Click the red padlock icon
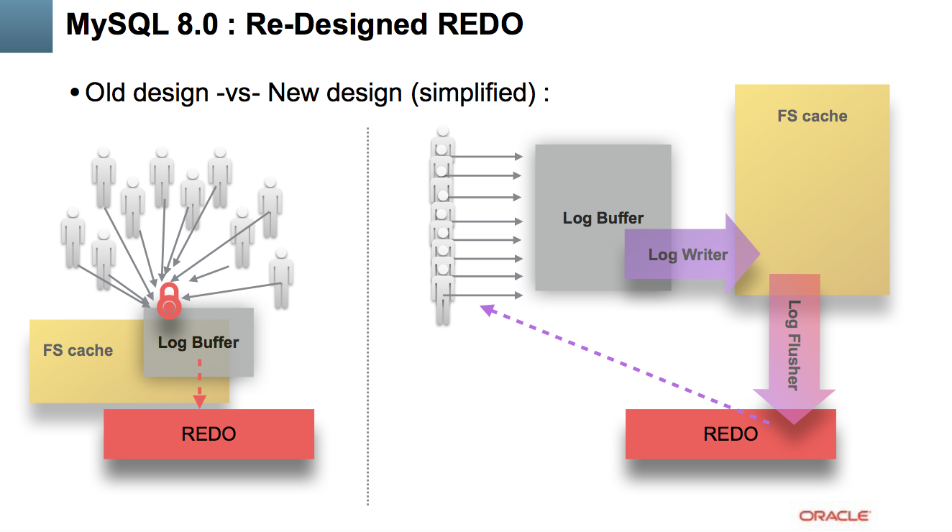point(169,301)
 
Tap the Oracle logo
point(835,516)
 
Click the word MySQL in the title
point(117,24)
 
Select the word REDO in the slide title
point(480,24)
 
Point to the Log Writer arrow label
point(688,255)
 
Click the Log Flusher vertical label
point(794,345)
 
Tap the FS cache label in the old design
point(78,350)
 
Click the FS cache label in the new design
point(813,116)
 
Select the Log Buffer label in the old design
point(198,342)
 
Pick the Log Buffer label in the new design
point(603,218)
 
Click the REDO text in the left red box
point(209,434)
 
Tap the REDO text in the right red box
point(731,434)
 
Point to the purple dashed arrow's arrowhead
point(488,310)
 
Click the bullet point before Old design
point(75,93)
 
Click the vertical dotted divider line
point(367,316)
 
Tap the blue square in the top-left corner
point(26,26)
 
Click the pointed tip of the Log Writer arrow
point(759,254)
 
